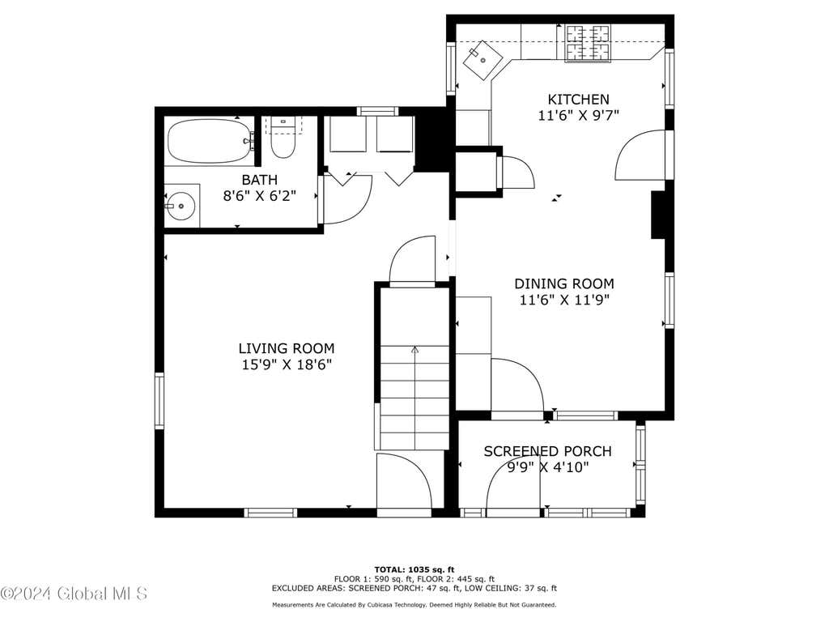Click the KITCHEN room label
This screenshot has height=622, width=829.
pos(578,99)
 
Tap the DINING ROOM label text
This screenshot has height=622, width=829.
pos(564,283)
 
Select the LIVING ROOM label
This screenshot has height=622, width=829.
pos(287,348)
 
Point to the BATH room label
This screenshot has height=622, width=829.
pos(260,180)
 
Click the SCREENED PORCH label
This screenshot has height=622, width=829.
pos(548,451)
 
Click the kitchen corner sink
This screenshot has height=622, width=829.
pos(483,60)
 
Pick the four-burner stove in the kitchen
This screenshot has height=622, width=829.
pos(588,43)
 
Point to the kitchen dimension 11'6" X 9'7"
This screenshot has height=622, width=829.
pos(578,115)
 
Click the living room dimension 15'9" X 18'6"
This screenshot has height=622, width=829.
pos(287,364)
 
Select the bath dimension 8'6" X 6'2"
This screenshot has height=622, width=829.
pos(260,196)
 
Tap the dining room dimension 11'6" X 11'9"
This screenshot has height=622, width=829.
pos(564,300)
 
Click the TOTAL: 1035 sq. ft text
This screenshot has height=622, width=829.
pos(414,569)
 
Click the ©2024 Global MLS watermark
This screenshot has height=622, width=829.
pos(74,594)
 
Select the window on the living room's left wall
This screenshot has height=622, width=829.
pos(159,400)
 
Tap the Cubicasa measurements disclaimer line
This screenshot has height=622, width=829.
pos(414,604)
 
